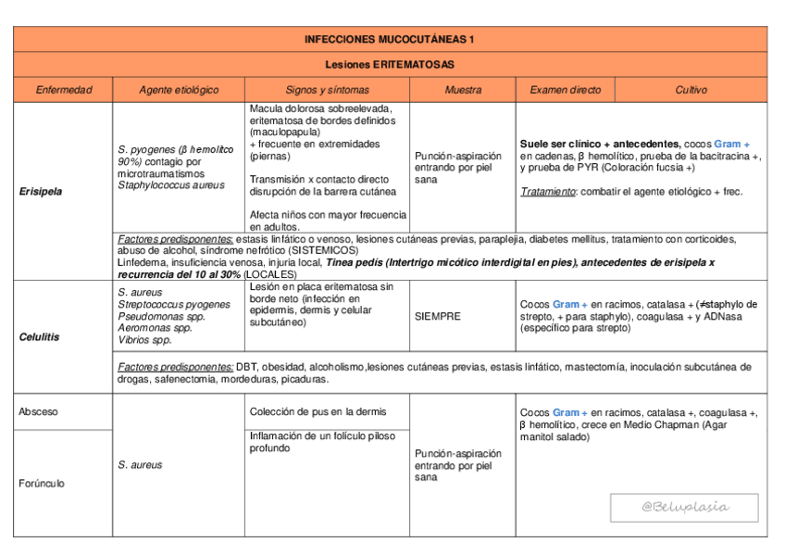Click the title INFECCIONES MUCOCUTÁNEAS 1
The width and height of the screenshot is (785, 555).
(x=390, y=39)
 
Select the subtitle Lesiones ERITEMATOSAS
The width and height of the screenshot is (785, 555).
(x=390, y=64)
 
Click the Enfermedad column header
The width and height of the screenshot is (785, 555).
(x=63, y=90)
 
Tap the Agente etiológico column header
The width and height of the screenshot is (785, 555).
(x=179, y=90)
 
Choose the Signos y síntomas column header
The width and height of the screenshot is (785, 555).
(x=327, y=90)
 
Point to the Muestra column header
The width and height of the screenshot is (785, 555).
(x=462, y=90)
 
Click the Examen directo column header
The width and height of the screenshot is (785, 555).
(x=565, y=90)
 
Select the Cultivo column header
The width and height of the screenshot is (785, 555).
(x=691, y=90)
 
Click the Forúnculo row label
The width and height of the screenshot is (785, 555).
(x=42, y=483)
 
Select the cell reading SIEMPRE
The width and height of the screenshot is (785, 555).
(x=437, y=316)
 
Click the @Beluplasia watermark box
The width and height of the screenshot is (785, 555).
(x=685, y=507)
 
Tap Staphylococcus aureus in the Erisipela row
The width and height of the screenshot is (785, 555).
(x=170, y=185)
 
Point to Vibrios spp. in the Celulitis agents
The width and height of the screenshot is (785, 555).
(x=144, y=340)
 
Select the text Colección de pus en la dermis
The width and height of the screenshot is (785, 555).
(x=318, y=411)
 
